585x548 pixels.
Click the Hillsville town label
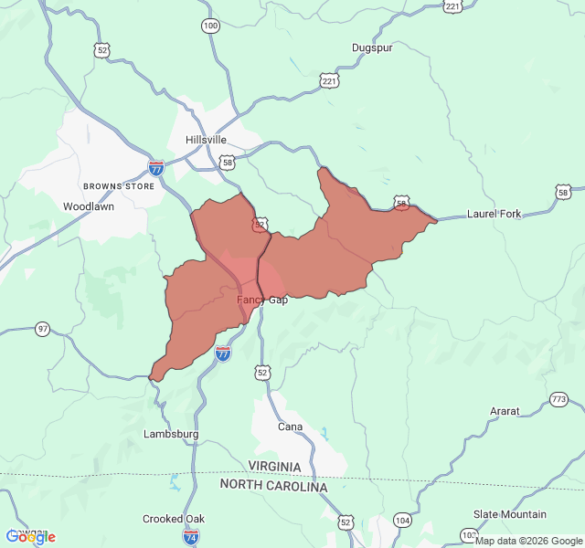tap(206, 140)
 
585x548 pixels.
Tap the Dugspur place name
tap(372, 47)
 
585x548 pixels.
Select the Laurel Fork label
tap(494, 214)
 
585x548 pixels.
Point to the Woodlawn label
tap(89, 206)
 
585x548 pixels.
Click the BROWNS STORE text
tap(119, 185)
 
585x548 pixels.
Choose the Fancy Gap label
tap(262, 300)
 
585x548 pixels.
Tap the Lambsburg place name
tap(171, 434)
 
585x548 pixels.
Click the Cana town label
tap(290, 427)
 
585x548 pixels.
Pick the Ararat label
tap(505, 411)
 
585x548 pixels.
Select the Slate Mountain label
tap(510, 514)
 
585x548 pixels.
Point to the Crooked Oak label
tap(174, 519)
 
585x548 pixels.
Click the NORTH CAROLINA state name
tap(272, 487)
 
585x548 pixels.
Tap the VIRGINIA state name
tap(274, 467)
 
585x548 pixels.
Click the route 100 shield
tap(211, 26)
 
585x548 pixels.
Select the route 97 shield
tap(43, 329)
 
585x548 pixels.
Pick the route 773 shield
tap(559, 400)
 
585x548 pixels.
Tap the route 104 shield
tap(402, 520)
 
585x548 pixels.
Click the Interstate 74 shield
tap(191, 538)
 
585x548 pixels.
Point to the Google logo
tap(30, 537)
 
